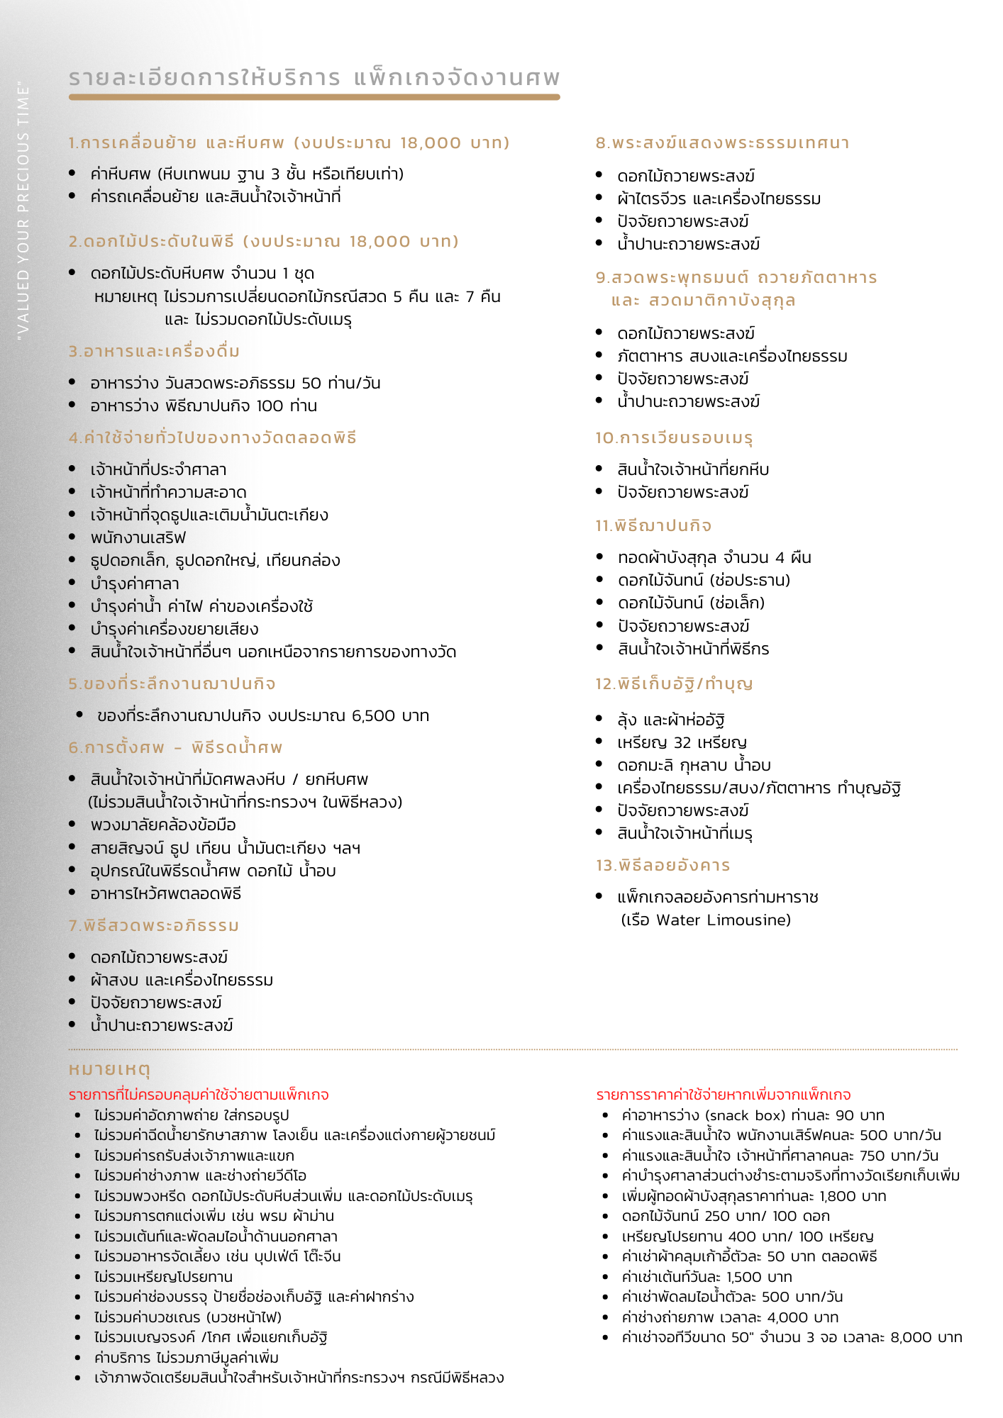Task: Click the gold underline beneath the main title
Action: [314, 97]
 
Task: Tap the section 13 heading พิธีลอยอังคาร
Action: [663, 866]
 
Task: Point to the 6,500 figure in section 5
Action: [373, 716]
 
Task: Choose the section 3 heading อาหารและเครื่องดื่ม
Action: [155, 352]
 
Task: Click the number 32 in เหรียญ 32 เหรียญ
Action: [682, 743]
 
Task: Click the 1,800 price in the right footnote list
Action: [838, 1197]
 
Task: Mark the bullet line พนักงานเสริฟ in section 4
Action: [138, 538]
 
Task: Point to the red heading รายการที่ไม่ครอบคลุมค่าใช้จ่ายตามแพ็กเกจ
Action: [199, 1095]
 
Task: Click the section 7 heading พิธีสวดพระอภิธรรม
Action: [154, 926]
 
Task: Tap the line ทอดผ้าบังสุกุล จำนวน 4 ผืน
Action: [714, 558]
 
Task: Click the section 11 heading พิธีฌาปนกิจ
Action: [653, 526]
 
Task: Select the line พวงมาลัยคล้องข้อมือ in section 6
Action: [163, 825]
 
